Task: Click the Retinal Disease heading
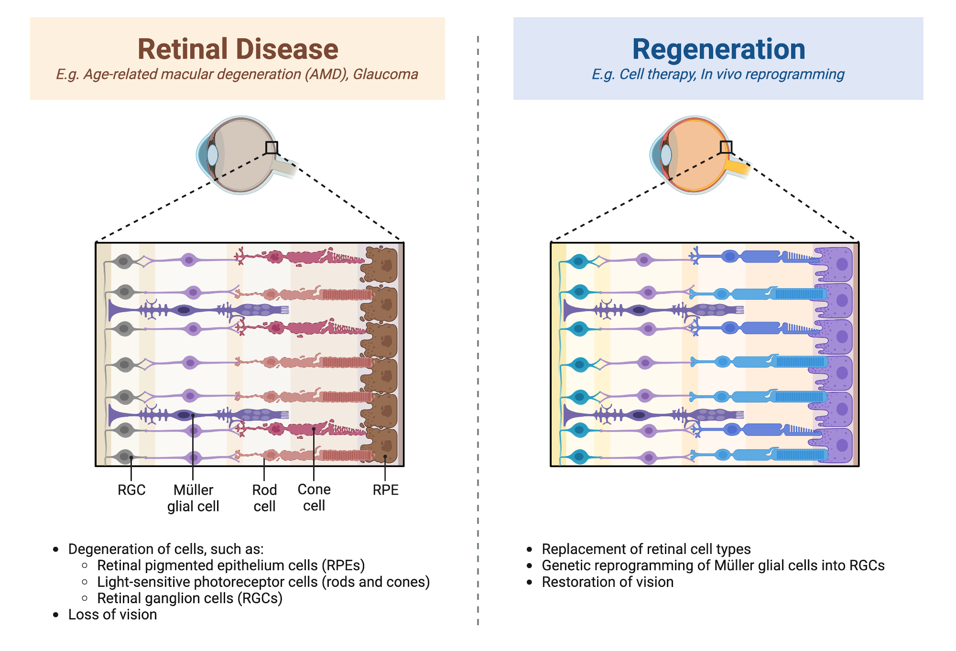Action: coord(238,49)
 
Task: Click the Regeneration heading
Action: coord(718,49)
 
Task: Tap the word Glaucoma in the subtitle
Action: coord(385,75)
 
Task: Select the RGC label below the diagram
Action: coord(131,490)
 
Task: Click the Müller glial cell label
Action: coord(193,498)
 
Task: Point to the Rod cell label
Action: coord(264,498)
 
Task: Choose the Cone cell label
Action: coord(314,498)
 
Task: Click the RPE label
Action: coord(385,490)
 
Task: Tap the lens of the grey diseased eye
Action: coord(212,155)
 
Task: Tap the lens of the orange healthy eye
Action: coord(666,155)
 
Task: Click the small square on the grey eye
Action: coord(272,147)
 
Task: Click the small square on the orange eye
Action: coord(726,147)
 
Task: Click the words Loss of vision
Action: coord(112,615)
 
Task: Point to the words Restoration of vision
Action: coord(608,582)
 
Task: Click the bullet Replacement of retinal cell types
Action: coord(646,549)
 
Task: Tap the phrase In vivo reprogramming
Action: coord(772,75)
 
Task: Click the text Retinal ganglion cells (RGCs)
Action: coord(190,598)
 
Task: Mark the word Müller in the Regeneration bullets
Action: coord(734,565)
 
